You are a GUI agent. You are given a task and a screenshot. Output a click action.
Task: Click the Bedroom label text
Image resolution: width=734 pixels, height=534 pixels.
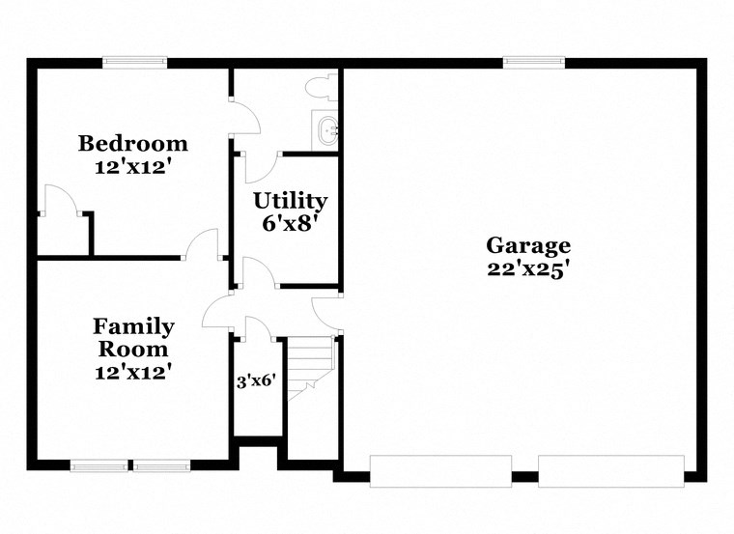click(133, 144)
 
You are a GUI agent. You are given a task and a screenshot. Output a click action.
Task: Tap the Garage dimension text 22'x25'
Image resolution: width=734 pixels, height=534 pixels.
click(527, 269)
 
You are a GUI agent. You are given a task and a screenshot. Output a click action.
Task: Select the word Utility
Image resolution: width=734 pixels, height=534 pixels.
click(290, 201)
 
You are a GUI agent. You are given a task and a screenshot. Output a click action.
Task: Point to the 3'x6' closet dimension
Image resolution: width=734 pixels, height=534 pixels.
click(257, 380)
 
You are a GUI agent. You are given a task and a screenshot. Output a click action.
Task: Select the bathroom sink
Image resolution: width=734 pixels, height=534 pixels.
click(326, 129)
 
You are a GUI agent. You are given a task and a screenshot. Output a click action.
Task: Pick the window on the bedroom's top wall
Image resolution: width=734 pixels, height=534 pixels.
click(135, 64)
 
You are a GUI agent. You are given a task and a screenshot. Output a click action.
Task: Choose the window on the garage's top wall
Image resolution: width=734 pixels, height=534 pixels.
click(534, 64)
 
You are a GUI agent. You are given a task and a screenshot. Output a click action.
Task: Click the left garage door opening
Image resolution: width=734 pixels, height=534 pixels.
click(440, 470)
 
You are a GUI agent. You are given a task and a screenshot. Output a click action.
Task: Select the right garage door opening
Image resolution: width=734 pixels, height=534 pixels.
click(610, 470)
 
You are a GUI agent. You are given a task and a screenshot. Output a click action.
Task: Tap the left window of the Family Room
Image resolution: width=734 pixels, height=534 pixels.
click(99, 466)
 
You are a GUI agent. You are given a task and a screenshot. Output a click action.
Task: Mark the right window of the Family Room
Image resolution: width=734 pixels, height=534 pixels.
click(161, 466)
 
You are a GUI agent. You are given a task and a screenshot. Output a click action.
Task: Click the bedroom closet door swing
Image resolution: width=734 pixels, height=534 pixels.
click(60, 199)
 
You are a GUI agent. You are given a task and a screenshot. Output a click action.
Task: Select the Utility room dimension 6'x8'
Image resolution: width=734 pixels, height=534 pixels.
click(290, 222)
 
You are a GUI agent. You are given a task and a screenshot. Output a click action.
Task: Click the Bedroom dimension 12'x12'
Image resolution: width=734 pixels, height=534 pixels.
click(133, 165)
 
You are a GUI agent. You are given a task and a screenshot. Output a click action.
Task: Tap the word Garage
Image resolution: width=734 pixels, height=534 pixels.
click(527, 245)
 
